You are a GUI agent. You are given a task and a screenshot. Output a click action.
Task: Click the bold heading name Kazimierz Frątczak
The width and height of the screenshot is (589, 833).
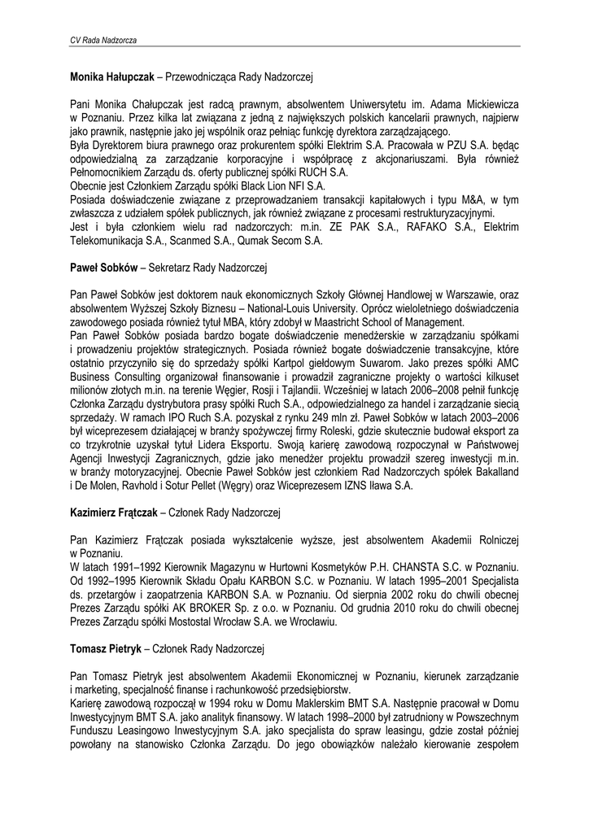coord(113,512)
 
